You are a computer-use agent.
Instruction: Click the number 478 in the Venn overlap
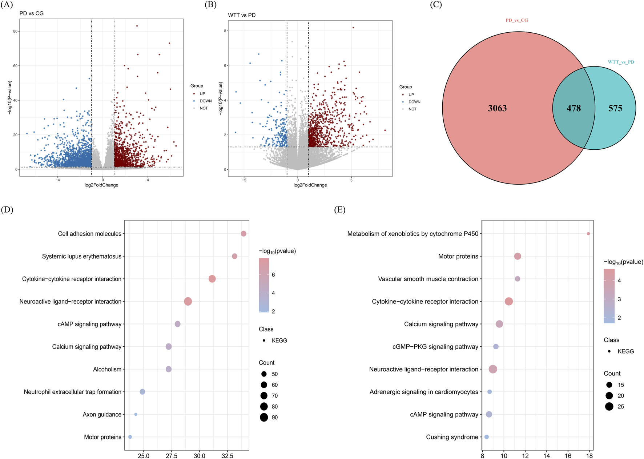(x=573, y=108)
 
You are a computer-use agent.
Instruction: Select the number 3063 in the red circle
(x=497, y=108)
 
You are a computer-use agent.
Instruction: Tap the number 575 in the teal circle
(x=615, y=108)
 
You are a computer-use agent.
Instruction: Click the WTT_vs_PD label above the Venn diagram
(x=621, y=62)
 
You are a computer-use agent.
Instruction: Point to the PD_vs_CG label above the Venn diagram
(x=516, y=20)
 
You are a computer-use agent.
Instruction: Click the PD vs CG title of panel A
(x=32, y=13)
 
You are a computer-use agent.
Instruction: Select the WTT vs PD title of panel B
(x=242, y=15)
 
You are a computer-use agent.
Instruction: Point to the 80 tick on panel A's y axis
(x=15, y=31)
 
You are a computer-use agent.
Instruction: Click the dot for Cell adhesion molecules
(x=243, y=234)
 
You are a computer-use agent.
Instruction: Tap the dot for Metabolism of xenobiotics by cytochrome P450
(x=588, y=234)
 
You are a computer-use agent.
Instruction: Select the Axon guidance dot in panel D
(x=136, y=414)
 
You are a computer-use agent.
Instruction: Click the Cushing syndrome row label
(x=452, y=437)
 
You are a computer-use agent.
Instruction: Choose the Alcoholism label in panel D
(x=107, y=369)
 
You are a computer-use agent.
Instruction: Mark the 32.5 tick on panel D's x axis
(x=227, y=456)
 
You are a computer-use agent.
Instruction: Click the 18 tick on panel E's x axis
(x=589, y=456)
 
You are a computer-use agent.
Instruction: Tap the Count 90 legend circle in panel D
(x=264, y=417)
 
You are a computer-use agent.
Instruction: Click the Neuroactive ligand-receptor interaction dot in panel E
(x=492, y=369)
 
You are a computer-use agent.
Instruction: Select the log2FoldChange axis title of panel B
(x=310, y=185)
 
